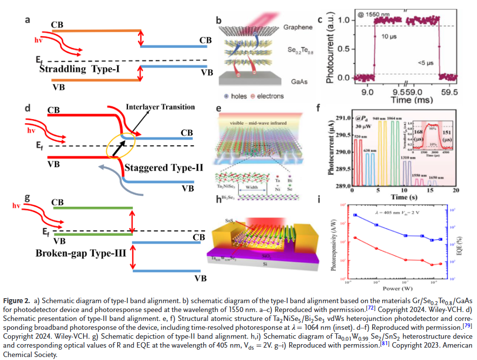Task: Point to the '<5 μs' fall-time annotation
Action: pyautogui.click(x=419, y=63)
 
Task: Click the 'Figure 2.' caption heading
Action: pyautogui.click(x=18, y=301)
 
